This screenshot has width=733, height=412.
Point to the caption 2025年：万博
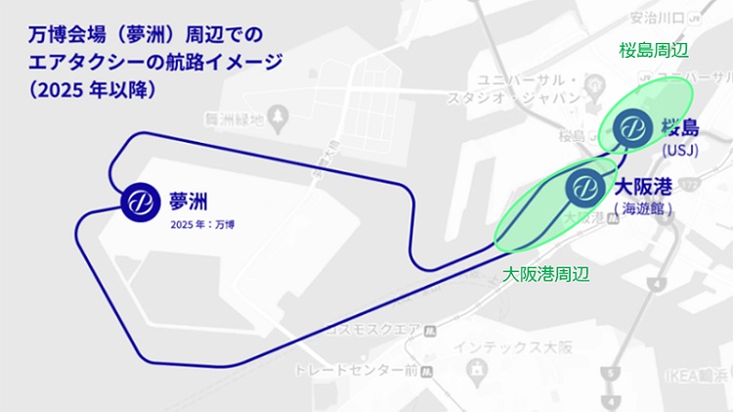[x=202, y=225]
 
